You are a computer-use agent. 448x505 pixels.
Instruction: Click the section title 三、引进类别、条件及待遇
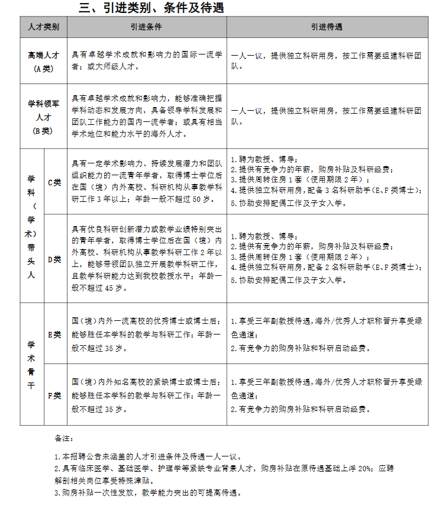(152, 8)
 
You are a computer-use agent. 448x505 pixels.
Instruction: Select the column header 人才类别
(43, 27)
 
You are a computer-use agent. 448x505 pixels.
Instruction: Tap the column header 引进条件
(146, 27)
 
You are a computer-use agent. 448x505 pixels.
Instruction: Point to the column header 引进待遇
(327, 27)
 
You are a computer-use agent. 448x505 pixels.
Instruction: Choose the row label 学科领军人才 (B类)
(43, 117)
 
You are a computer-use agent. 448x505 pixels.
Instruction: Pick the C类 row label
(54, 182)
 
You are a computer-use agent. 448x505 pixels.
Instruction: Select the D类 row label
(54, 259)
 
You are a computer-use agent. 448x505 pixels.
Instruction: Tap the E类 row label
(54, 334)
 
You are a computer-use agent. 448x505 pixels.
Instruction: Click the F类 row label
(54, 395)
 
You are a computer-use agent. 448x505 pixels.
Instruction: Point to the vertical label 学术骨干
(31, 364)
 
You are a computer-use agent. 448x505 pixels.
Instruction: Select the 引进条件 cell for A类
(146, 61)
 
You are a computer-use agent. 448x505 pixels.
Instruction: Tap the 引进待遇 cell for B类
(327, 116)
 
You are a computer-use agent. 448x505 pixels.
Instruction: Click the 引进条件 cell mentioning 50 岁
(146, 181)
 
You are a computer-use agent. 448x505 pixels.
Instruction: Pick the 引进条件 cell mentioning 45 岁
(146, 258)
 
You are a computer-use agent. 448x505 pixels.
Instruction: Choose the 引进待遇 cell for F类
(327, 395)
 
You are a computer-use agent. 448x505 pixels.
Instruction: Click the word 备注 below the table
(63, 439)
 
